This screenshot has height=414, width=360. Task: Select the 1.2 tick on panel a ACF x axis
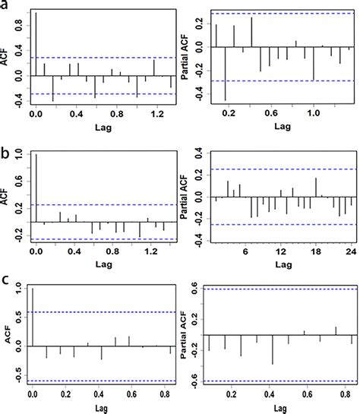point(156,113)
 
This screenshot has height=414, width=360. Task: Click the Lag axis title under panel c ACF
point(98,406)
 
